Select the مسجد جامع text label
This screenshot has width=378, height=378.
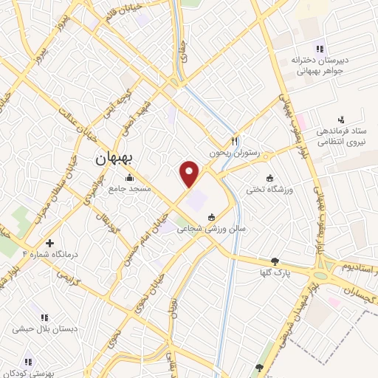pyautogui.click(x=130, y=189)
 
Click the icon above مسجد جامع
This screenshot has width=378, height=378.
pyautogui.click(x=130, y=177)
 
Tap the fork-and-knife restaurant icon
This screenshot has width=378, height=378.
pyautogui.click(x=234, y=140)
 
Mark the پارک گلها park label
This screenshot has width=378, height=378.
pyautogui.click(x=275, y=273)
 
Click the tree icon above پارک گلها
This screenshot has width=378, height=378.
pyautogui.click(x=275, y=261)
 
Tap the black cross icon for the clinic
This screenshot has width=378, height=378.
pyautogui.click(x=49, y=243)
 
